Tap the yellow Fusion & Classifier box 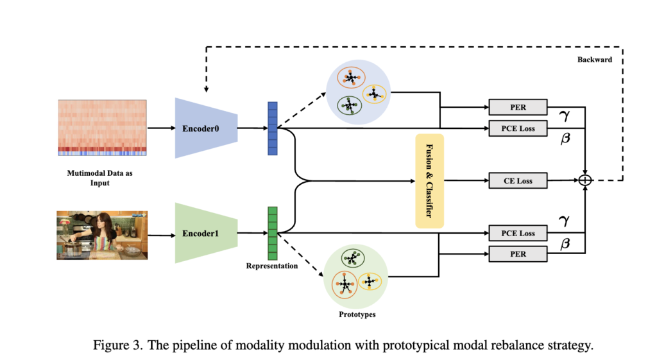coord(429,182)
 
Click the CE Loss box coord(518,181)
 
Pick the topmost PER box coord(518,106)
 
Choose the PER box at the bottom coord(518,253)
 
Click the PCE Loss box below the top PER coord(518,128)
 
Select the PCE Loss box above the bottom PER coord(518,234)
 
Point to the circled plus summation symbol coord(585,181)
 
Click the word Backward coord(594,59)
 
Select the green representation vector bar coord(272,232)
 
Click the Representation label coord(272,266)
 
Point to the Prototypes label coord(357,315)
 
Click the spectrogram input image coord(103,128)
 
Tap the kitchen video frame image coord(103,235)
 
